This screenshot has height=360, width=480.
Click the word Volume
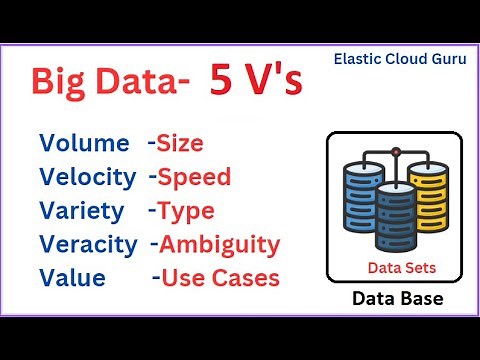click(84, 144)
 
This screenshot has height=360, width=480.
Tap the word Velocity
click(88, 178)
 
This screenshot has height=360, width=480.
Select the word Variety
click(83, 211)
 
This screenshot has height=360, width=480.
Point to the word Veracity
click(89, 244)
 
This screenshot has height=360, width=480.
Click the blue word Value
click(71, 276)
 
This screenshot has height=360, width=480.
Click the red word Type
click(187, 211)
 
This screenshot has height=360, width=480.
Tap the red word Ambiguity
click(221, 244)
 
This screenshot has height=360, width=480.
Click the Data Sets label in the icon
click(396, 267)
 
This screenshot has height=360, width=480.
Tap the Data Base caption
click(396, 299)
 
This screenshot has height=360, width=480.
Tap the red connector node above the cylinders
click(396, 153)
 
